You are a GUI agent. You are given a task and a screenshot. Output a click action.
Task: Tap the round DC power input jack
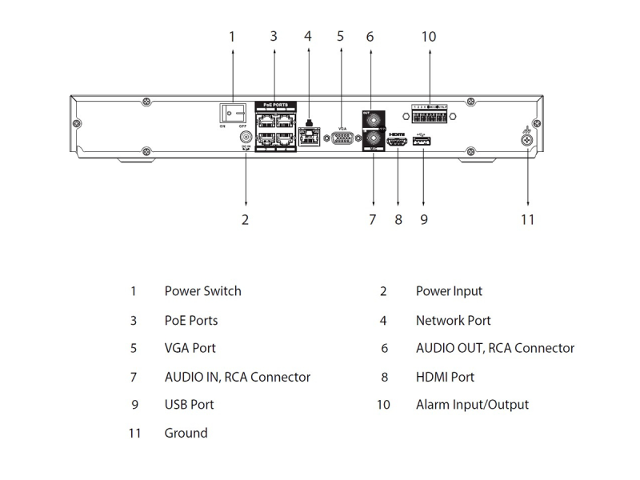point(246,138)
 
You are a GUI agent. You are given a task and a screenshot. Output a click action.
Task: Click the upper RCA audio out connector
point(370,121)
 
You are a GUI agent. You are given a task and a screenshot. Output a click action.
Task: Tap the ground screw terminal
point(527,140)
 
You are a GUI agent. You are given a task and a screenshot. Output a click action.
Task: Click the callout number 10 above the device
point(428,37)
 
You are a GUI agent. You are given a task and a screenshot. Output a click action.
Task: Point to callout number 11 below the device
point(527,219)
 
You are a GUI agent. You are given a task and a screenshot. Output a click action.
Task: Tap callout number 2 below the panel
point(246,219)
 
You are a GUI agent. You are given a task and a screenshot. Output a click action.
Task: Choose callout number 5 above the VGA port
point(340,37)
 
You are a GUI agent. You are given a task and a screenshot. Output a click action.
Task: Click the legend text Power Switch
point(202,291)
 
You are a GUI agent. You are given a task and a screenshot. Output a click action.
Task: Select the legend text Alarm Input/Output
point(472,405)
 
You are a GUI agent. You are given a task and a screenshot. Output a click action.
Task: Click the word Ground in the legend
point(186,433)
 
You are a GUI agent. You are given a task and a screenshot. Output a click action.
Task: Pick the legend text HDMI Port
point(445,376)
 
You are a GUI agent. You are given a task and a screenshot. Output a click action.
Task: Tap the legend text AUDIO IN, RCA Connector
point(237,376)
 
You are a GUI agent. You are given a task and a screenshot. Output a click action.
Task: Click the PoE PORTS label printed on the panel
point(275,105)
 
